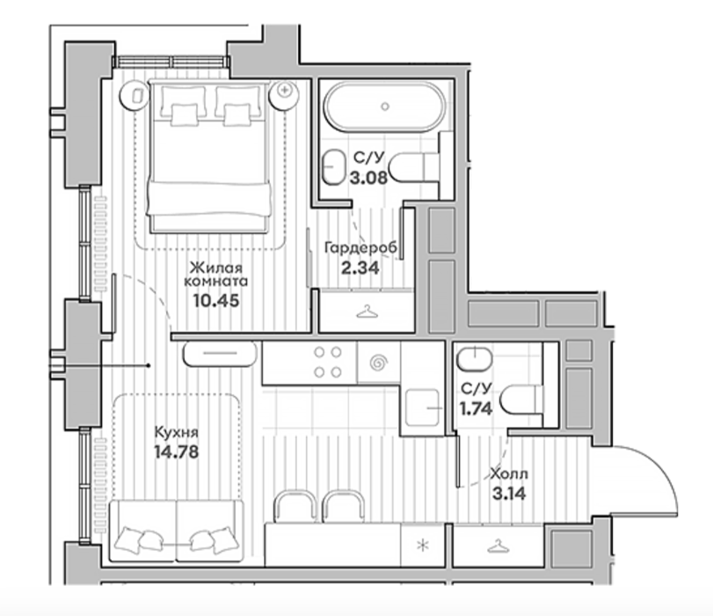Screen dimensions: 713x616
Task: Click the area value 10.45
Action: pos(216,300)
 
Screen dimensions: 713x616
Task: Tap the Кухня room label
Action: pos(177,431)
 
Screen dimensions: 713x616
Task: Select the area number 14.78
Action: pos(177,452)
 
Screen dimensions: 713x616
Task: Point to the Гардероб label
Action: pos(360,248)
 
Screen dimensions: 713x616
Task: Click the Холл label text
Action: pos(509,474)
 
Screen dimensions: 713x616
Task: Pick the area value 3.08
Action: pos(368,177)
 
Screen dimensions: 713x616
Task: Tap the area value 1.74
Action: pos(476,409)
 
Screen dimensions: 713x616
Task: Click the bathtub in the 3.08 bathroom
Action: pos(385,106)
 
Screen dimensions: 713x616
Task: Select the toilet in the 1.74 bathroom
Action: pos(521,400)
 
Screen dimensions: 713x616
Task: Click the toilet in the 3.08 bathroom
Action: pos(415,167)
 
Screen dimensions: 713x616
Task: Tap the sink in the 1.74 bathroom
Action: pos(475,359)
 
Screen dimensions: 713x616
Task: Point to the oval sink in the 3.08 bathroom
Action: pos(334,166)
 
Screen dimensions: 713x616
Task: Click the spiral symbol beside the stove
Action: pos(379,363)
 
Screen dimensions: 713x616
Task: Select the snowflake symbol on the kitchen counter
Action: pos(423,545)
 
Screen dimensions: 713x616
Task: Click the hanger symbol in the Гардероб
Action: pos(367,312)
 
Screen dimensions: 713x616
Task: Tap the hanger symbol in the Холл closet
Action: pos(498,546)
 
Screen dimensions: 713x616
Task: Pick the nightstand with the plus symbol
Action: pos(284,95)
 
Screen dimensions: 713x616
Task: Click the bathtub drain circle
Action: pos(385,106)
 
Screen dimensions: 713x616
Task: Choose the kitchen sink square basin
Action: pos(422,407)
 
